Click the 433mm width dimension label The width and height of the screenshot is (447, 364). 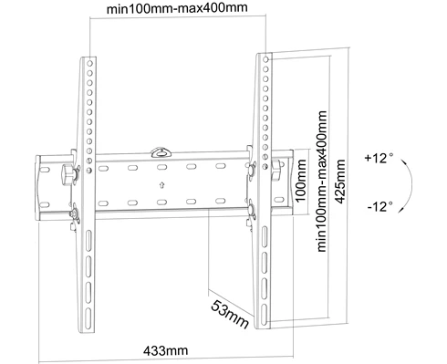(165, 350)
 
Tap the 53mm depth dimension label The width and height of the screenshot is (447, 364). (230, 315)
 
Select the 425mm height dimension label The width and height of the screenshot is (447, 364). (339, 182)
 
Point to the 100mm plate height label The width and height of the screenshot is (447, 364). (300, 180)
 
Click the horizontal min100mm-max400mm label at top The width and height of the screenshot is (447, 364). (177, 8)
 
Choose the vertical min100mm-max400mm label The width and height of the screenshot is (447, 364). (321, 182)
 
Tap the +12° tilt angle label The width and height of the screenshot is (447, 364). (379, 159)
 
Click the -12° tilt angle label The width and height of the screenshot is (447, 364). (380, 207)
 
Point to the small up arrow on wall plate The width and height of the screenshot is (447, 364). (161, 184)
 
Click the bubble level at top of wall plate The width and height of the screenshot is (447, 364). (161, 152)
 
